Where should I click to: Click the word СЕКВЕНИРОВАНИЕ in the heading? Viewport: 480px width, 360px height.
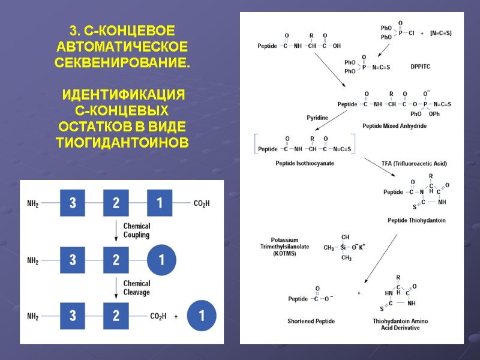pos(122,62)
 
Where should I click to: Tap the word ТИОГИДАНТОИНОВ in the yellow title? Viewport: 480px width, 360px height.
pos(122,143)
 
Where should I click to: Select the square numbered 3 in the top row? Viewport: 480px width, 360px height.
pos(73,203)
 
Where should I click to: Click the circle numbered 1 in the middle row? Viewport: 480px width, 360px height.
pos(160,260)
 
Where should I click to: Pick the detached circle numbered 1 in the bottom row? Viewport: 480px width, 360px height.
pos(202,316)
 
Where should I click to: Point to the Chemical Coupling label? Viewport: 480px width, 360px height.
pos(136,231)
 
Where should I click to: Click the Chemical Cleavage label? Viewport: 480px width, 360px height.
pos(136,288)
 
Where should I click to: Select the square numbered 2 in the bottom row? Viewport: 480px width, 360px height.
pos(116,316)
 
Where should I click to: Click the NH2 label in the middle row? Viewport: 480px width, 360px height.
pos(33,261)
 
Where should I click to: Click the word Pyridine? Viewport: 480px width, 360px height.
pos(317,118)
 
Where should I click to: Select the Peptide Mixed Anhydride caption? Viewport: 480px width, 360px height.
pos(394,126)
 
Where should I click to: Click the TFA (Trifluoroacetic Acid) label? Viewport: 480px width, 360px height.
pos(414,163)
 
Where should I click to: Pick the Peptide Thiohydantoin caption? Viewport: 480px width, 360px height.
pos(416,220)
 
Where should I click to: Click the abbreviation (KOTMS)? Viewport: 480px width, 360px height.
pos(284,254)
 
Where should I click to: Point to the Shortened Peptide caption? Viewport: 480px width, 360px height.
pos(311,321)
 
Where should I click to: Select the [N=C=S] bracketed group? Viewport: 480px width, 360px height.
pos(441,32)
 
